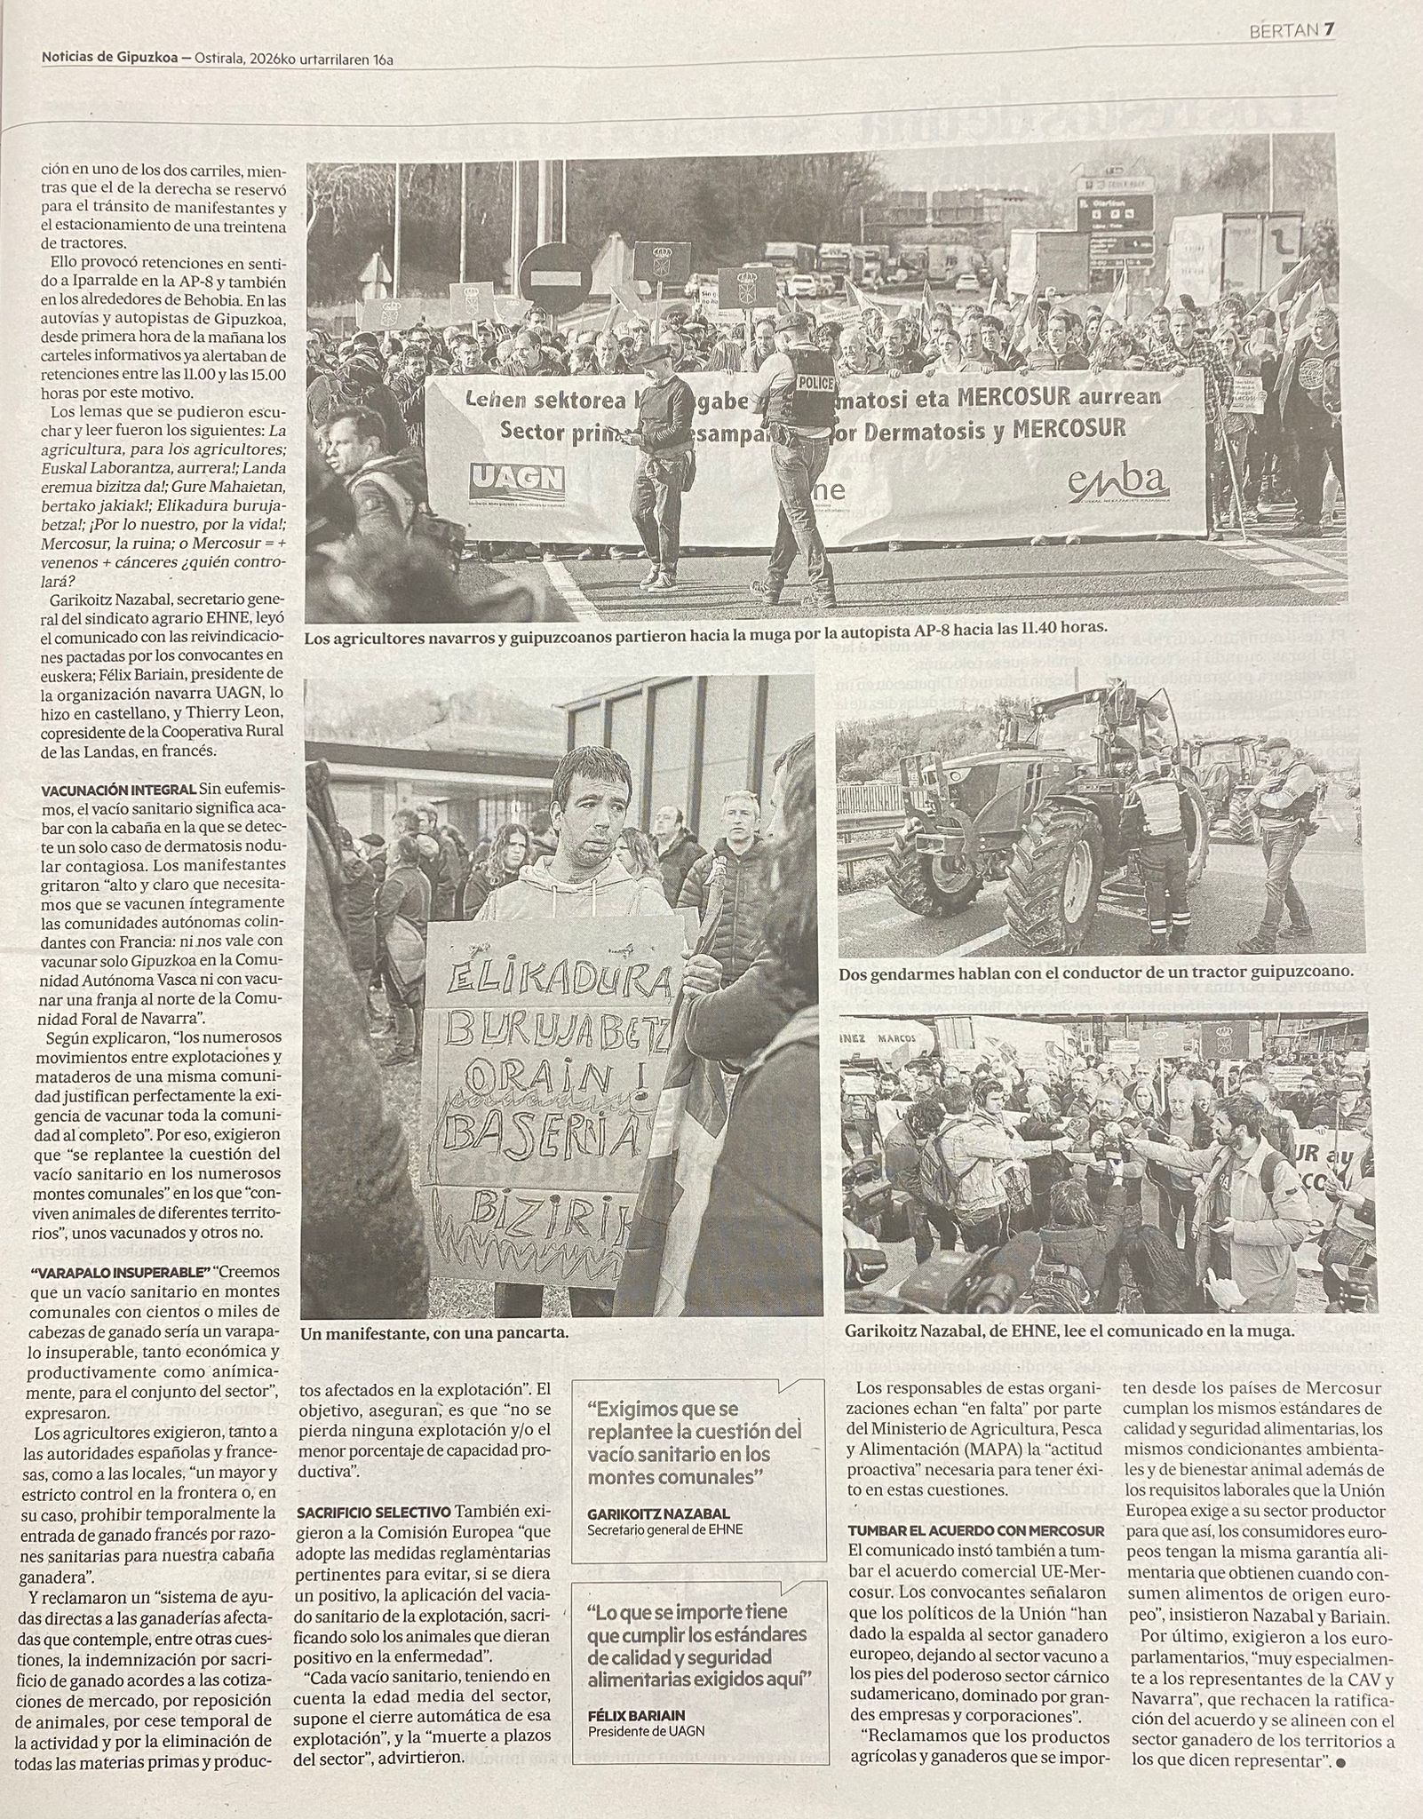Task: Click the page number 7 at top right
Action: tap(1329, 30)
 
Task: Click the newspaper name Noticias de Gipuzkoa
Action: tap(108, 59)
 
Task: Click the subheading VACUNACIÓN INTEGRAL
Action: tap(119, 788)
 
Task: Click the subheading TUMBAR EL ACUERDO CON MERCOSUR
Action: tap(975, 1530)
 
